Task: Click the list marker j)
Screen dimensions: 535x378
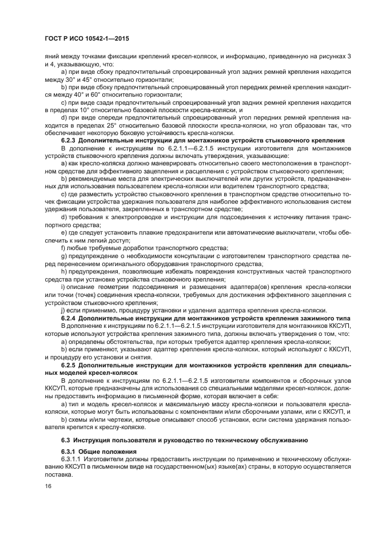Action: point(63,309)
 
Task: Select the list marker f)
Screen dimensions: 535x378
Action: point(63,247)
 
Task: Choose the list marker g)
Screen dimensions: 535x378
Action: point(63,256)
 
